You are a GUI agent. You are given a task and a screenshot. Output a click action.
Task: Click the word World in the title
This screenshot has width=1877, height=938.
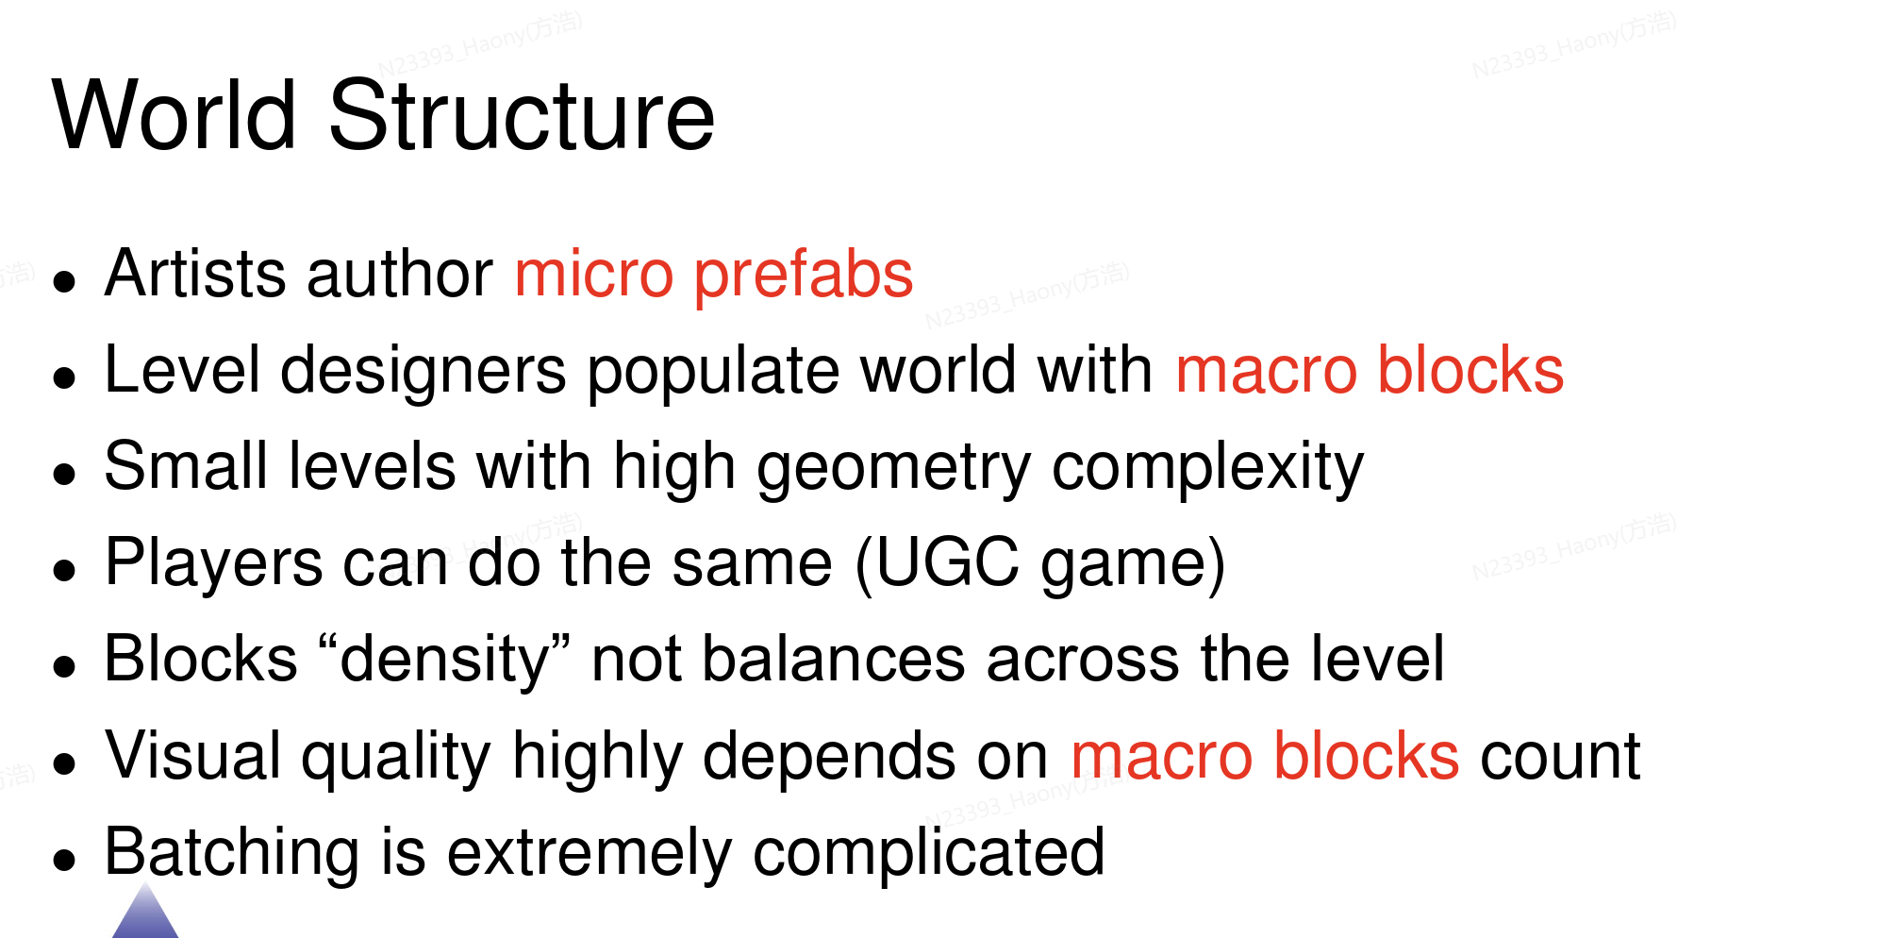coord(174,115)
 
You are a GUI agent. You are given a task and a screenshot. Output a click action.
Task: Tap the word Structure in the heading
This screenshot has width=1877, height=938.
coord(522,115)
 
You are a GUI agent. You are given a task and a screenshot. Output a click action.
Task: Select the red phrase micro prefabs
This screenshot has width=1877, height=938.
coord(714,276)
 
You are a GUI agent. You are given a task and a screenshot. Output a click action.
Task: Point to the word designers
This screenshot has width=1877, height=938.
coord(424,371)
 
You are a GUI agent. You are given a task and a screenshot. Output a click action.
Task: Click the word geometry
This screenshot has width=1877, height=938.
coord(893,468)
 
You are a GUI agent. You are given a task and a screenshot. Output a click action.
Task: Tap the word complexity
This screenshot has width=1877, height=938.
coord(1207,468)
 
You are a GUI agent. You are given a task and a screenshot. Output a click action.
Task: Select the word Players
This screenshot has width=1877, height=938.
coord(213,563)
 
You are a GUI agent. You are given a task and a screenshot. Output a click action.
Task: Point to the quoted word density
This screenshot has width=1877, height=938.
coord(444,660)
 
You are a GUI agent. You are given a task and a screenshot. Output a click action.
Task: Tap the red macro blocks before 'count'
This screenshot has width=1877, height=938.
coord(1265,756)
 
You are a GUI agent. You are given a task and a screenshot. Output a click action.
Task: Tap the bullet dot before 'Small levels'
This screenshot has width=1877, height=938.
coord(64,473)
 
